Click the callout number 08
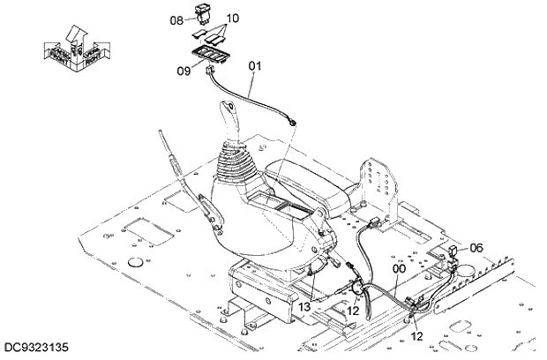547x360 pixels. point(176,19)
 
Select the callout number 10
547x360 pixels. point(233,19)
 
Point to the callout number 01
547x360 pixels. point(255,64)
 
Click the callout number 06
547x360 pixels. point(476,248)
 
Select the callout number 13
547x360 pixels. point(304,305)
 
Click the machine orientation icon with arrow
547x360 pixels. point(73,49)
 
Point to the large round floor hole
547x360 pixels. point(136,262)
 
